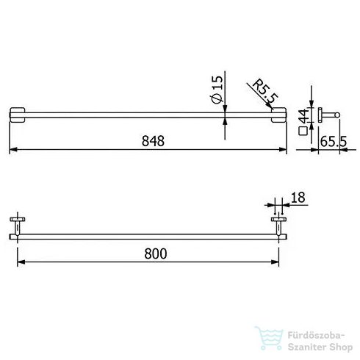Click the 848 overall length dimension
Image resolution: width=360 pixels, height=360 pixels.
pos(152,140)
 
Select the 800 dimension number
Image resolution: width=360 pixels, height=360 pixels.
pos(155,253)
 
